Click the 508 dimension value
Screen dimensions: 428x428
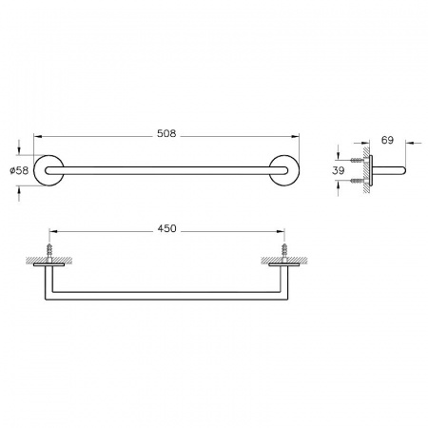166,134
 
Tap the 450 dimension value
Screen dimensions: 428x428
166,228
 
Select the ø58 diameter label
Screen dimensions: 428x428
19,170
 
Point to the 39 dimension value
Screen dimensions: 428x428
339,170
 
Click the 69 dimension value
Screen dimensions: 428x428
387,140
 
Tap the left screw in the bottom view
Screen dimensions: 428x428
49,250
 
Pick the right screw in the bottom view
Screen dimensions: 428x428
284,250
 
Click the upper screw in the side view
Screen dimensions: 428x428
357,160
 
